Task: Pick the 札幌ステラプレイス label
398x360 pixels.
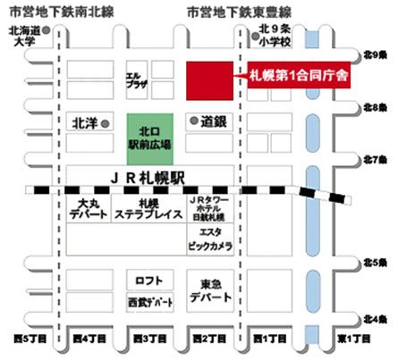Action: click(145, 215)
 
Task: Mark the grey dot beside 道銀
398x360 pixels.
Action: click(193, 120)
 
